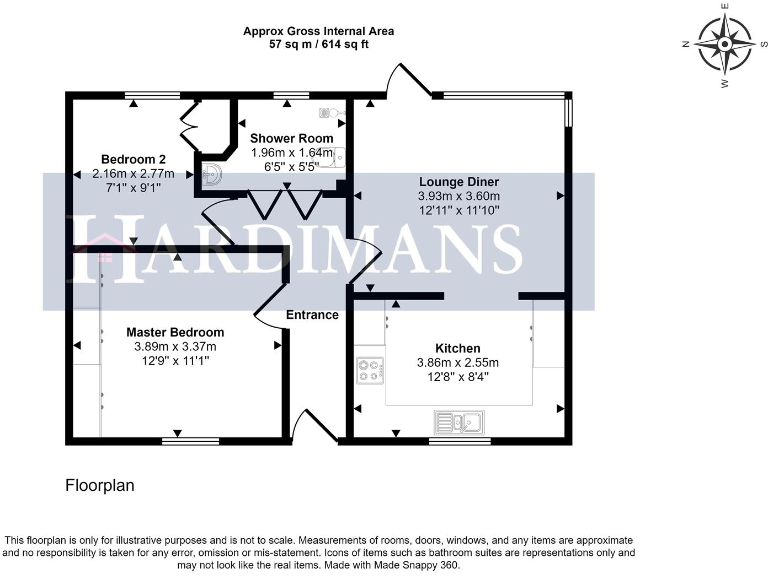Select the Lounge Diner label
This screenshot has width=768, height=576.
[458, 182]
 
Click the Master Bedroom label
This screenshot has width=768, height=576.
[175, 332]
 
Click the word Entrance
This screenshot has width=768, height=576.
[312, 315]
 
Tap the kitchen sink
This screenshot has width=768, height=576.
[458, 422]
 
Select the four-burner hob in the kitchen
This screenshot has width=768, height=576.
[370, 371]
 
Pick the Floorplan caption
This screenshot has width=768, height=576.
[99, 486]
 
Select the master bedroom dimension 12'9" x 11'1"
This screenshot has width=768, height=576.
[175, 361]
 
